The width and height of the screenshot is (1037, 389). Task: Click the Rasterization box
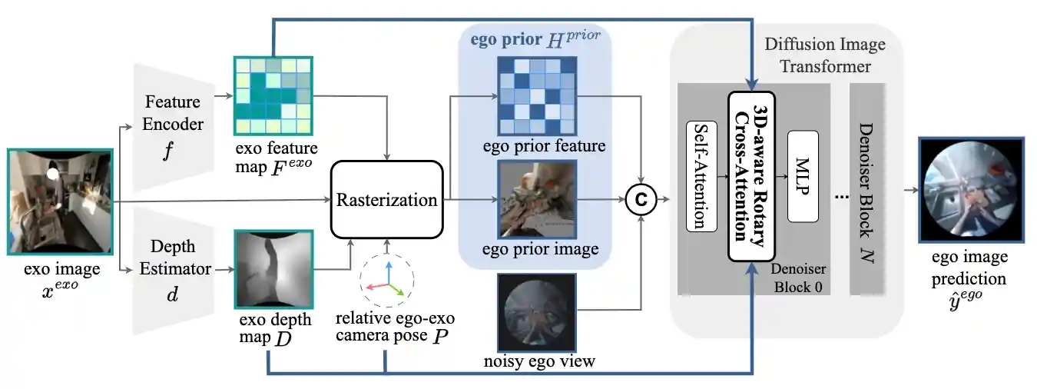(387, 200)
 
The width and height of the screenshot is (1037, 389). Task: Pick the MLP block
(803, 175)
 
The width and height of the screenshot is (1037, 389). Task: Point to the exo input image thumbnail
(60, 202)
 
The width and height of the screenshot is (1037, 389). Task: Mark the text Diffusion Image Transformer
(825, 55)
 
